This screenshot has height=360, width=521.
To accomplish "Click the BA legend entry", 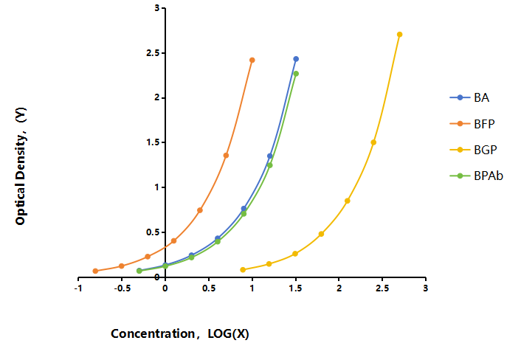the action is point(469,97).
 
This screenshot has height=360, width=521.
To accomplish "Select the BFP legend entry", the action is point(472,124).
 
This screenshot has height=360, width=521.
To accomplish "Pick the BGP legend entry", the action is point(473,150).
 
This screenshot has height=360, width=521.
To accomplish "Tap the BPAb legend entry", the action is point(476,176).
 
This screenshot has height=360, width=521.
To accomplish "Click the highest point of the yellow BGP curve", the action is point(399,35).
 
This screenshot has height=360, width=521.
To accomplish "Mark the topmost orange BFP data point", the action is point(252,60).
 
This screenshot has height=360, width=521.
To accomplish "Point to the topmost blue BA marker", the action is point(296,59).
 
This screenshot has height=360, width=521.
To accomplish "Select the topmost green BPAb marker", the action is point(296,74).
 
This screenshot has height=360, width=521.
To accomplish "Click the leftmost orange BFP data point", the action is point(95,271).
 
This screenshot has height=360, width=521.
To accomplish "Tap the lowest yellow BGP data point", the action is point(243,270).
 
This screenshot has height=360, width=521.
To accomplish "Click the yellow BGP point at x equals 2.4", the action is point(373,142).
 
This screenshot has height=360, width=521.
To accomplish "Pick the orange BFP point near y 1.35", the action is point(226,156).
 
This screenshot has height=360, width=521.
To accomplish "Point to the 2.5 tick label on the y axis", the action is point(153,53).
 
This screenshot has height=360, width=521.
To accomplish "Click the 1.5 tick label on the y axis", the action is point(153,142).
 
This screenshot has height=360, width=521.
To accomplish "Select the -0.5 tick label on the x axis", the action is point(122,288).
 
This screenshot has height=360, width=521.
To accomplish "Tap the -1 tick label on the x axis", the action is point(78,288).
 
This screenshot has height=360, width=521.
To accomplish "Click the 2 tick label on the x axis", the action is point(339,288).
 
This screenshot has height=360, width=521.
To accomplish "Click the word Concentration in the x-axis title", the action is point(153,333).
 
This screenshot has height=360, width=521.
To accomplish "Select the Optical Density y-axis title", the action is point(21,166).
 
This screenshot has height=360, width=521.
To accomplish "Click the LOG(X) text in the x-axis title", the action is point(228,333).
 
